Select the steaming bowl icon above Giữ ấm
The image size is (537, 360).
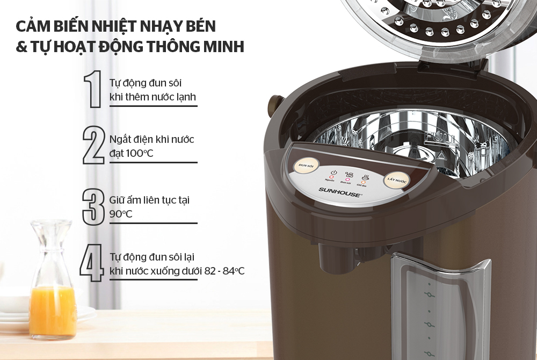(x=365, y=176)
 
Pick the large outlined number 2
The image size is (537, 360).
(x=93, y=145)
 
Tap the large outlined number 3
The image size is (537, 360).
(x=92, y=206)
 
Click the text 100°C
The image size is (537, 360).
(x=132, y=154)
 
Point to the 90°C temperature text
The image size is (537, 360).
(x=121, y=214)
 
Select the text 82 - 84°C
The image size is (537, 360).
(x=224, y=271)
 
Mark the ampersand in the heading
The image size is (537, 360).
(x=21, y=47)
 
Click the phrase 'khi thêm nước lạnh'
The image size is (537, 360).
(x=153, y=97)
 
